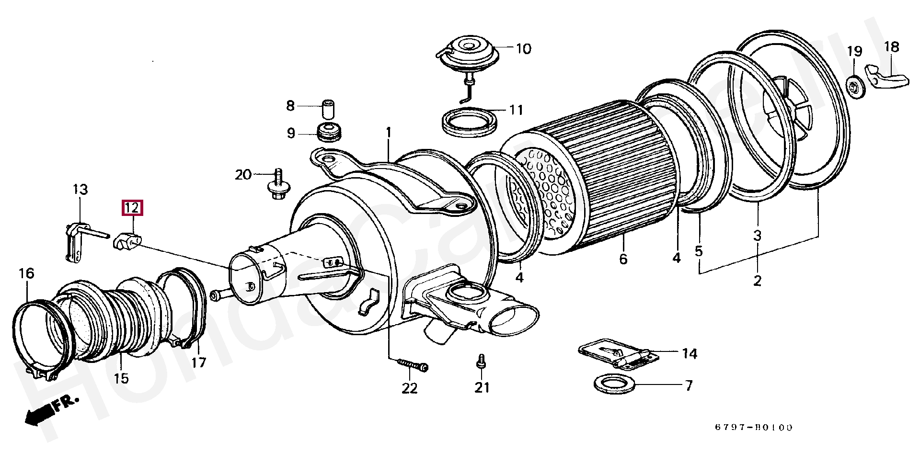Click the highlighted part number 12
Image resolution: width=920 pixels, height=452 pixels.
(x=132, y=208)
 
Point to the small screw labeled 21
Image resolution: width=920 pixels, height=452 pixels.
(x=481, y=361)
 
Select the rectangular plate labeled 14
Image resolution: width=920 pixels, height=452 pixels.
(x=615, y=355)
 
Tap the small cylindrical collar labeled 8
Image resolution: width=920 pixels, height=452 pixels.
(x=328, y=109)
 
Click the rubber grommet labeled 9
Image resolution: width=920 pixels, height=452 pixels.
(x=329, y=132)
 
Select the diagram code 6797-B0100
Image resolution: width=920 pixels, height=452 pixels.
(x=754, y=427)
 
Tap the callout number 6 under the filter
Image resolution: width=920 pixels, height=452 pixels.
(x=623, y=259)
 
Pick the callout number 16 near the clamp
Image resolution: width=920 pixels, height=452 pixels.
(x=26, y=273)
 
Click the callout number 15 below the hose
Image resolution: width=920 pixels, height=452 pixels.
(x=121, y=378)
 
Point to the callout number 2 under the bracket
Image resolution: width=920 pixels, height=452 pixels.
(x=757, y=280)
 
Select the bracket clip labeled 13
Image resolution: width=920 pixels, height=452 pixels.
(x=74, y=242)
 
